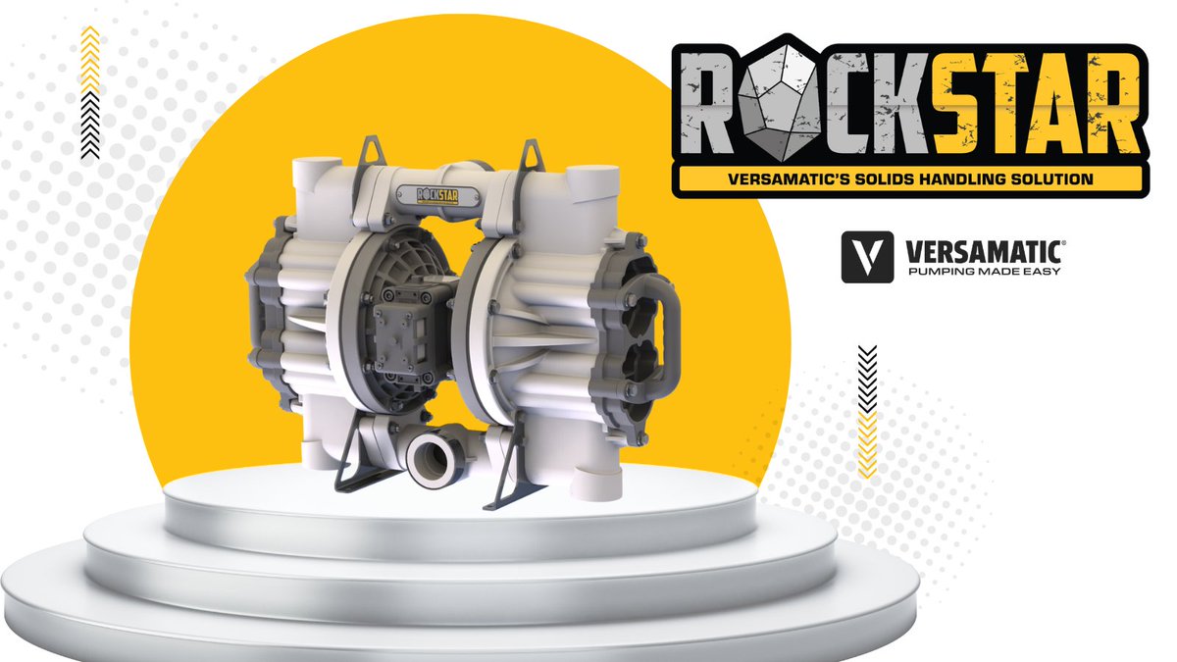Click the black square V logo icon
click(x=867, y=257)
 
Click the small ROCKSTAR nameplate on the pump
click(x=440, y=193)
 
